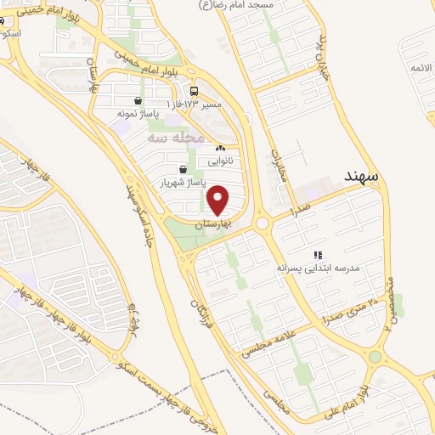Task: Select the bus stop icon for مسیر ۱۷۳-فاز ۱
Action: pos(195,92)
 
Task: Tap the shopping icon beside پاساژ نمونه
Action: pos(138,100)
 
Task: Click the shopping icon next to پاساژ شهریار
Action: pos(184,169)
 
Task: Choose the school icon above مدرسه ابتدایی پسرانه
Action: pos(319,254)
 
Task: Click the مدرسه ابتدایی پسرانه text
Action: pos(318,267)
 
